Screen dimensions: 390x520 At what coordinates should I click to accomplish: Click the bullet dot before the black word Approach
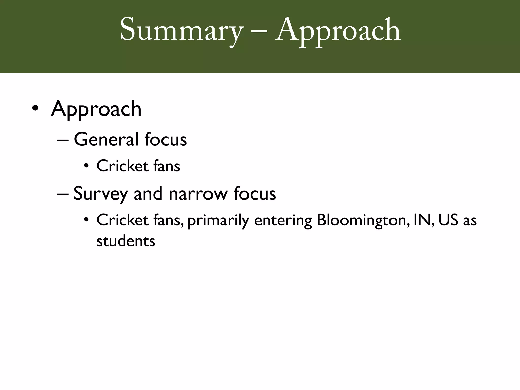tap(35, 108)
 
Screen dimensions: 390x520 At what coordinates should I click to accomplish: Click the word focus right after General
tap(166, 139)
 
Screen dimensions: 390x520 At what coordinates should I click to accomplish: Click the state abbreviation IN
tap(422, 220)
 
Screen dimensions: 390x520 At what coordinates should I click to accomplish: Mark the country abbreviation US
tap(448, 220)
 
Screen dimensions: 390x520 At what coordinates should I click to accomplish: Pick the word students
tap(126, 241)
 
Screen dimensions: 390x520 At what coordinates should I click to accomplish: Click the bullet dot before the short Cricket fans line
tap(87, 166)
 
